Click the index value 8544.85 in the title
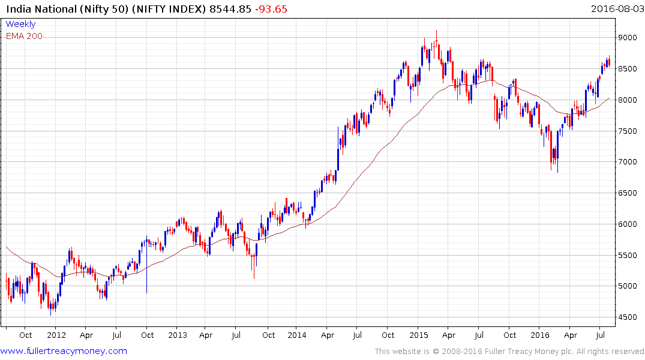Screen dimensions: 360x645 coord(232,9)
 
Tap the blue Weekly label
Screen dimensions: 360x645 coord(20,24)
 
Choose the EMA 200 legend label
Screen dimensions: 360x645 coord(24,36)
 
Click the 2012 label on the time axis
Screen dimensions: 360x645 coord(56,335)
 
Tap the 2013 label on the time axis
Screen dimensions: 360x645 coord(178,335)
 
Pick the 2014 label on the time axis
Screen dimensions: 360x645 coord(297,335)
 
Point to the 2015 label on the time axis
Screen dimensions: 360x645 coord(419,335)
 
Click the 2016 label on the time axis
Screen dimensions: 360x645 coord(539,335)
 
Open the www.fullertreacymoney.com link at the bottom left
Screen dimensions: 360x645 coord(64,351)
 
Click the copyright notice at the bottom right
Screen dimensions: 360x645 coord(509,351)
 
